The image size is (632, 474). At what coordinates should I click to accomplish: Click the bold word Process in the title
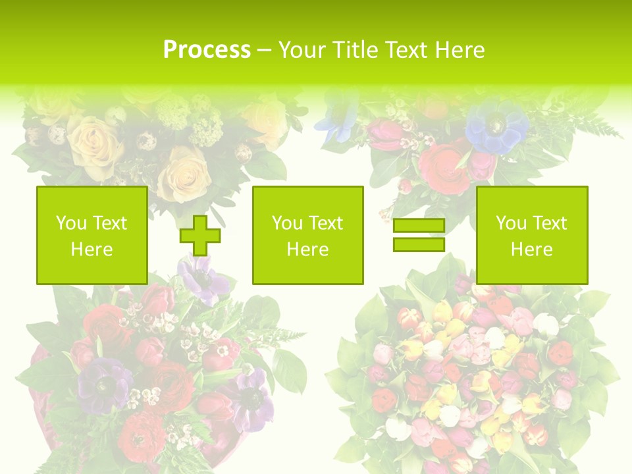[207, 50]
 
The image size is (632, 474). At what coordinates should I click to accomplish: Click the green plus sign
[201, 236]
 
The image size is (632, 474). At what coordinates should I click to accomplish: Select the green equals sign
[419, 235]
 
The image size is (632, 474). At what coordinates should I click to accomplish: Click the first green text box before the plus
[92, 235]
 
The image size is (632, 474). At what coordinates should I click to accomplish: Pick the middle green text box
[307, 235]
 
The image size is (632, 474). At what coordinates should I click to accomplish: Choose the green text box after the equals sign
[531, 235]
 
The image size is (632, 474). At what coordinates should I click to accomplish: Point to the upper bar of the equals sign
[419, 226]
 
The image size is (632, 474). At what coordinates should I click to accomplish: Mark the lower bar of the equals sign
[419, 244]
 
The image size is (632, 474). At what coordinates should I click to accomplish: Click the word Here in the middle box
[307, 250]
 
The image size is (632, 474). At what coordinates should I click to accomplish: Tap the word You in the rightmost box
[510, 223]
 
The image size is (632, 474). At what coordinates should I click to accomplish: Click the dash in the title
[265, 50]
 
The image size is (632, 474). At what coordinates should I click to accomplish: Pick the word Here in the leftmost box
[92, 250]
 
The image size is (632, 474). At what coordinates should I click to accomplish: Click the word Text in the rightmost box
[549, 223]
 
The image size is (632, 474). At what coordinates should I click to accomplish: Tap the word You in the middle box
[286, 223]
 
